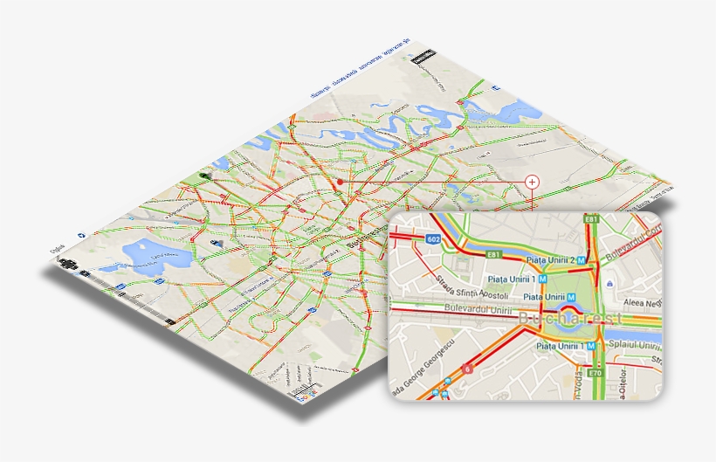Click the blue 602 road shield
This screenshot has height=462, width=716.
point(434,238)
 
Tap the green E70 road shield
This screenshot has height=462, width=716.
point(596,372)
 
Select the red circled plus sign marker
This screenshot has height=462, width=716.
point(532,182)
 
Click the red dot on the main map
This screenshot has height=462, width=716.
point(340,183)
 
